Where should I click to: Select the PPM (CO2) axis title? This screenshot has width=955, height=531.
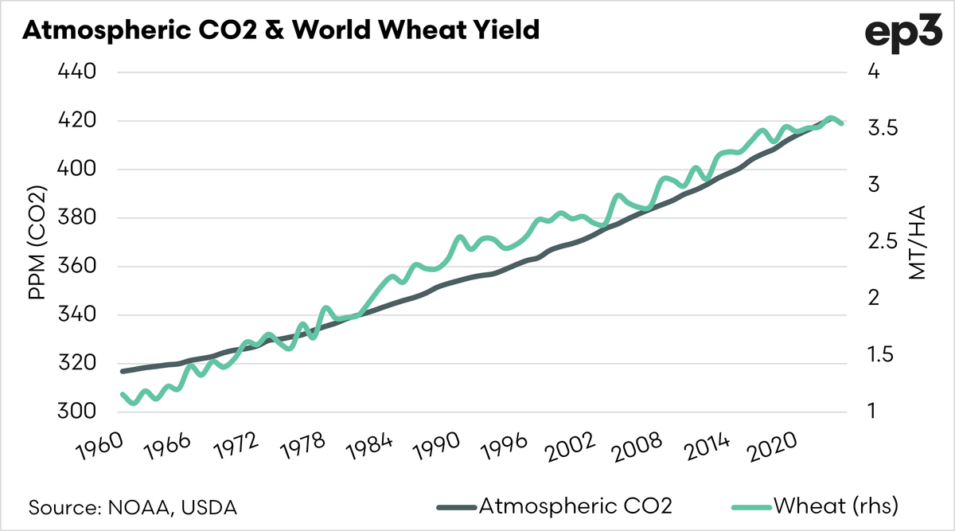(x=37, y=243)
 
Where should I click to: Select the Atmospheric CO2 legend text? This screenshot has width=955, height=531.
(x=575, y=506)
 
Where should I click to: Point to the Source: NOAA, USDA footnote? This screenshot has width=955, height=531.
(x=134, y=506)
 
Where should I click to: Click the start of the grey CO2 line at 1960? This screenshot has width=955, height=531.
(x=123, y=371)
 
